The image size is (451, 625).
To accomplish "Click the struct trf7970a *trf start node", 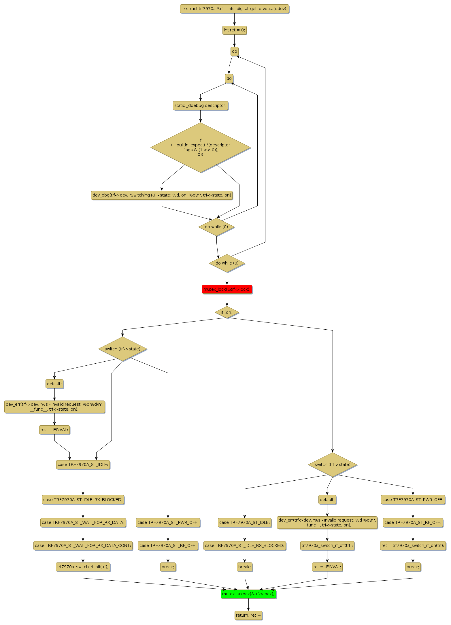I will [x=234, y=9].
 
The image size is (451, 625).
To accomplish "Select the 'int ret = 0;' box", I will [x=234, y=30].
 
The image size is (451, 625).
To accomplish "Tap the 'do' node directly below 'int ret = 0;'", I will [x=234, y=51].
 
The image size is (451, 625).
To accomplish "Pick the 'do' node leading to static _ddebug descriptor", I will [x=229, y=78].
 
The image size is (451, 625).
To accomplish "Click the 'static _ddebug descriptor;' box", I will [x=200, y=105].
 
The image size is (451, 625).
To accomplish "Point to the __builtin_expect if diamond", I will [x=200, y=148].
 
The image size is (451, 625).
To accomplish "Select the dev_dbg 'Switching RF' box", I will [x=162, y=195].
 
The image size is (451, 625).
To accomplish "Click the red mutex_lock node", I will [x=227, y=289].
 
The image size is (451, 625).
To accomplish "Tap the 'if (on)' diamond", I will [x=227, y=312].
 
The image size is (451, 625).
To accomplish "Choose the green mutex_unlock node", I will [x=248, y=594].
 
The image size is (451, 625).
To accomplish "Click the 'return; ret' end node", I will [x=248, y=615].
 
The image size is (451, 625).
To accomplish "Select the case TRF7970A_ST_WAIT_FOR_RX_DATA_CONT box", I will [x=83, y=545].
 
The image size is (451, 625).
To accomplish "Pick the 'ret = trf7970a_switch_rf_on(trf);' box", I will [x=413, y=545].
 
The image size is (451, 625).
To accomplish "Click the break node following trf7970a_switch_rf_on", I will [x=413, y=567].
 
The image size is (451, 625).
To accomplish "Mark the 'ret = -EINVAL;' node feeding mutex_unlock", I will [x=327, y=567].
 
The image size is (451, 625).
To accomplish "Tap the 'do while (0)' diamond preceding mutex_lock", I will [x=227, y=263].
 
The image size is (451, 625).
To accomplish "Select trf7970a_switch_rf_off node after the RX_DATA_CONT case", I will [x=83, y=567].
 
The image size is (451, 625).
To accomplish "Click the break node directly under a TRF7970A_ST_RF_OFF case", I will [x=168, y=567].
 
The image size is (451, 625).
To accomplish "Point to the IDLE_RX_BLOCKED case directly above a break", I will [x=245, y=545].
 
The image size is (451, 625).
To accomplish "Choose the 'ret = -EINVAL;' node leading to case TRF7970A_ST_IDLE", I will [x=54, y=430].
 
